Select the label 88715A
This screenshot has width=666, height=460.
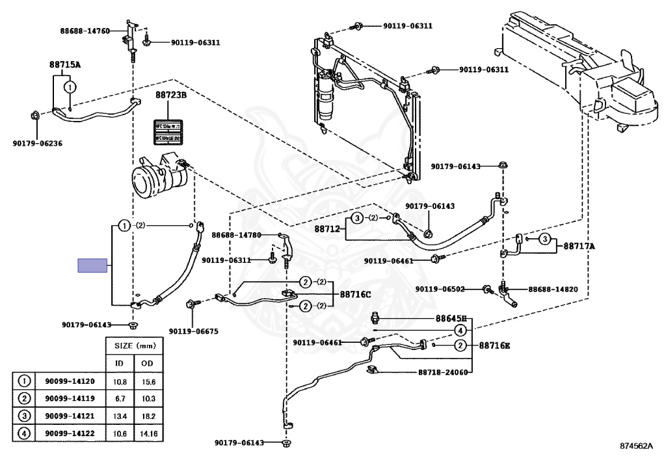[65, 64]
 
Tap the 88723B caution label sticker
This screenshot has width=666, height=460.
[166, 132]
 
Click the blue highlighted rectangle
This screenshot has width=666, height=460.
[92, 265]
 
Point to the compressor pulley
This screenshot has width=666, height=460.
[144, 178]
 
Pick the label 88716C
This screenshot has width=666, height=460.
[355, 294]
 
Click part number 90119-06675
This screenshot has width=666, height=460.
[194, 331]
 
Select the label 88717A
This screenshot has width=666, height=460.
[579, 246]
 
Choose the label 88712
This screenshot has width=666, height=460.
[328, 229]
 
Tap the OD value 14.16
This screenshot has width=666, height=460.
[149, 433]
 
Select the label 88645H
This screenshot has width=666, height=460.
[451, 319]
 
